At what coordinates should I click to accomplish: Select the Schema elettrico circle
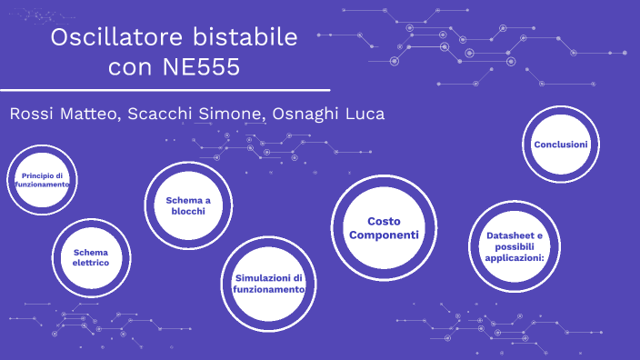tap(91, 256)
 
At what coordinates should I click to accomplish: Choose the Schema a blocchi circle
tap(188, 205)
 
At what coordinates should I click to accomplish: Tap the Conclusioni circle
tap(561, 145)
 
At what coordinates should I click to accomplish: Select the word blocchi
tap(188, 211)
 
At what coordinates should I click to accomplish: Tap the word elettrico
tap(91, 263)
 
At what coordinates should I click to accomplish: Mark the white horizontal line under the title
tap(165, 91)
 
